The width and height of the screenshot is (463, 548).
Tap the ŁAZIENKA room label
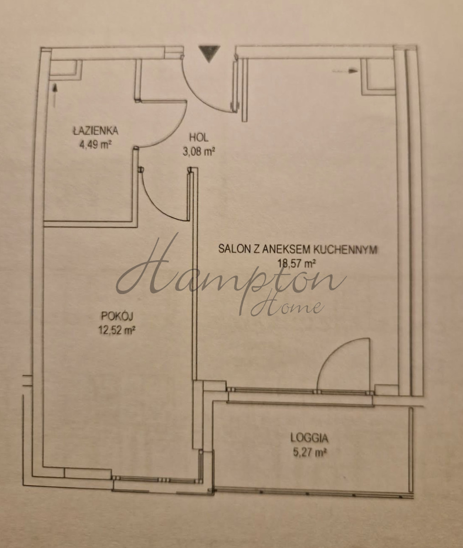click(x=96, y=131)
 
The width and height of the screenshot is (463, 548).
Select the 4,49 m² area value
click(x=95, y=145)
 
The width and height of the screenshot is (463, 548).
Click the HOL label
click(x=198, y=137)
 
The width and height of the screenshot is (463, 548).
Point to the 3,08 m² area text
click(x=198, y=152)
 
